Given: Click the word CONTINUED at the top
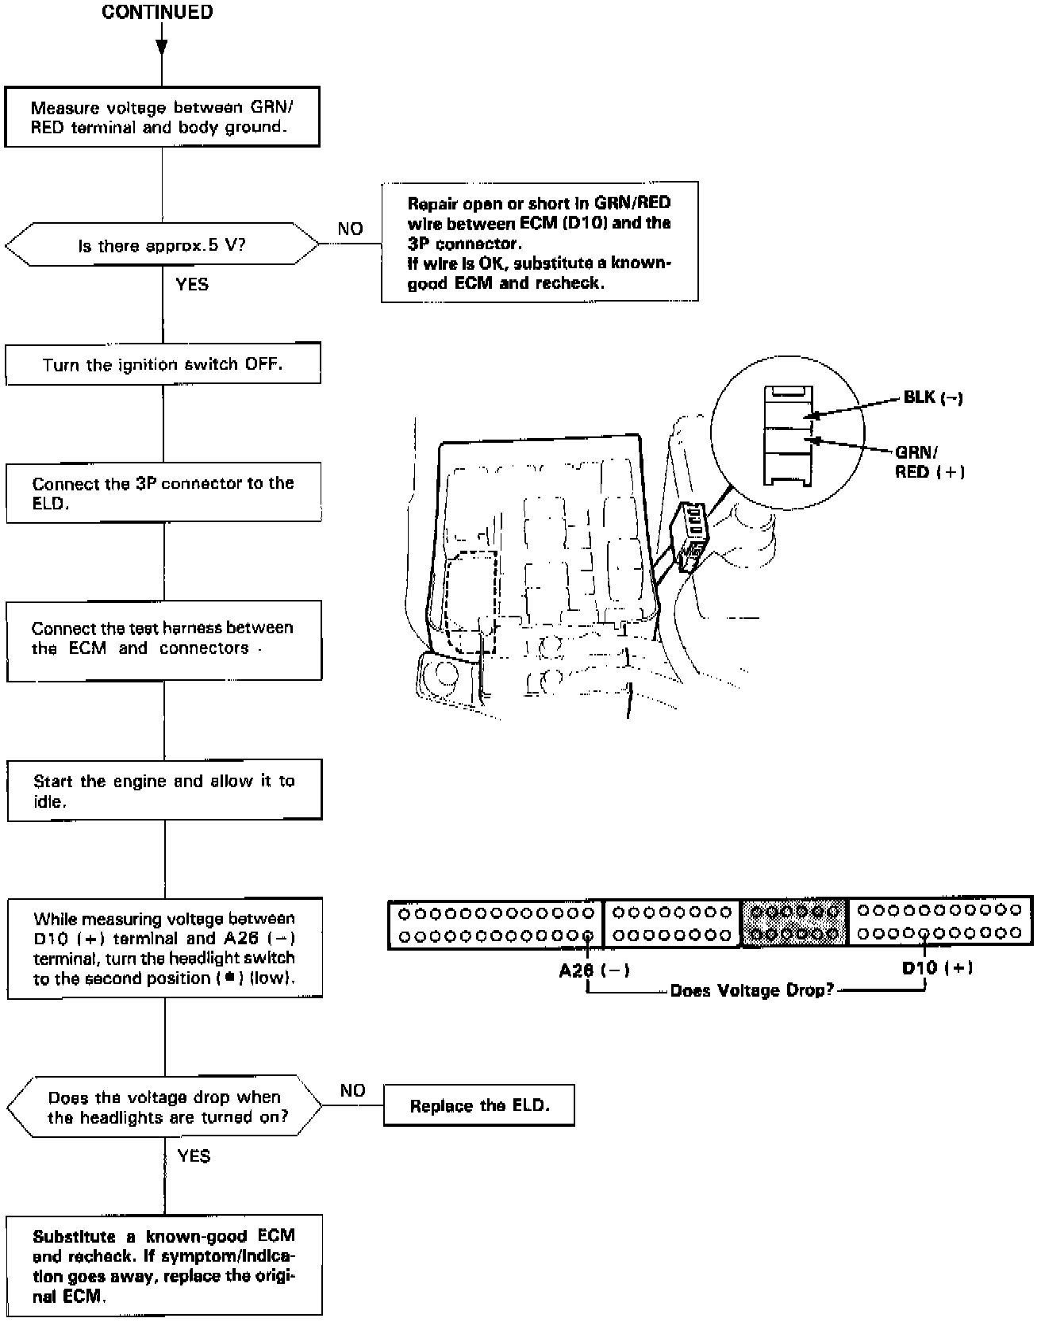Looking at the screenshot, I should click(x=157, y=13).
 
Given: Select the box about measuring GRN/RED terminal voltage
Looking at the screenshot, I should click(x=162, y=117).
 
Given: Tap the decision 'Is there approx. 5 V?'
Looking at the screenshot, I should click(x=162, y=244).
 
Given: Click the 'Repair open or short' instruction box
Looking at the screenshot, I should click(x=540, y=242).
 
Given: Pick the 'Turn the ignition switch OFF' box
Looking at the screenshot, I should click(x=163, y=364).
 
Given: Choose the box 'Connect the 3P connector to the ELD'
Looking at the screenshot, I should click(x=163, y=493).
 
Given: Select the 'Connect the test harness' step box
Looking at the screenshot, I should click(x=163, y=640).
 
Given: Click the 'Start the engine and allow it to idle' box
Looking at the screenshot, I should click(x=164, y=790).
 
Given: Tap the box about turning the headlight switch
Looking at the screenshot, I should click(x=164, y=947).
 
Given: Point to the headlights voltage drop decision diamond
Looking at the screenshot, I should click(x=165, y=1107).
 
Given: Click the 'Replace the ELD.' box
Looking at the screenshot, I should click(x=479, y=1105).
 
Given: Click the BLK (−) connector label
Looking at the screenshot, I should click(x=932, y=398).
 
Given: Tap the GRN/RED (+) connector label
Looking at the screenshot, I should click(x=929, y=462).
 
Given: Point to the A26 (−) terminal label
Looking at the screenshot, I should click(x=594, y=970).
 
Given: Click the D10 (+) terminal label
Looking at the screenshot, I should click(x=937, y=967).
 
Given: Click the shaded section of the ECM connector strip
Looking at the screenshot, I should click(x=794, y=922).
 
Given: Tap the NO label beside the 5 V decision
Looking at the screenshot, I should click(x=350, y=229).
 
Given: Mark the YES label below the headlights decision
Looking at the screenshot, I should click(x=194, y=1155).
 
